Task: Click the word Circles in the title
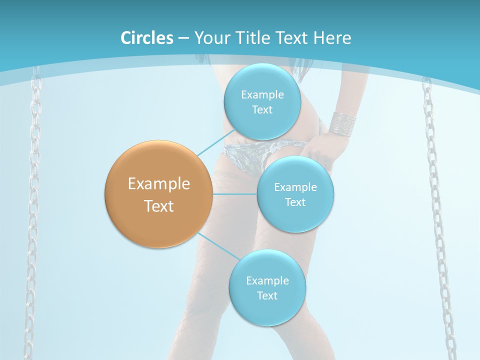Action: click(x=147, y=38)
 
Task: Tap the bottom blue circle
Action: click(x=267, y=310)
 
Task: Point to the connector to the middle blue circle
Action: click(x=234, y=194)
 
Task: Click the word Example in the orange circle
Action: click(x=159, y=184)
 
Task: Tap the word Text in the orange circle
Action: click(x=159, y=206)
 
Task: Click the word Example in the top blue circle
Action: click(x=262, y=95)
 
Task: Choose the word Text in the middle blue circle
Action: click(x=295, y=202)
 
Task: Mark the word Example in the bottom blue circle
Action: click(x=267, y=281)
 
